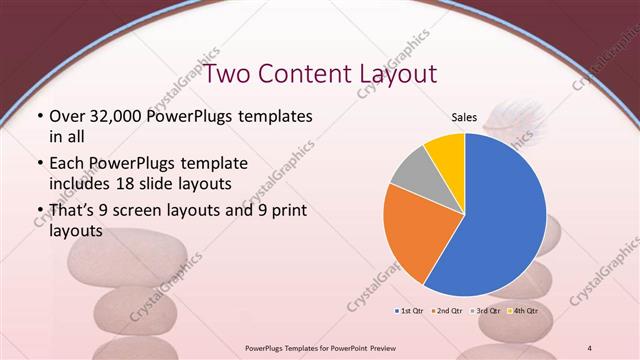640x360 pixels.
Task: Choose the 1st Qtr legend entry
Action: point(410,311)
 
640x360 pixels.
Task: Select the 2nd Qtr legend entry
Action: point(446,311)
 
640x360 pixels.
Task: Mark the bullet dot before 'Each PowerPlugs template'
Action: point(38,162)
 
